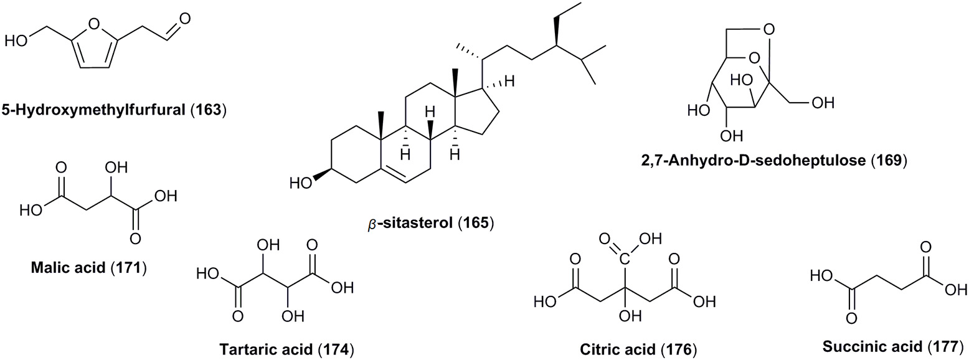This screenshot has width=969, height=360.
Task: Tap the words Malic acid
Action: [64, 269]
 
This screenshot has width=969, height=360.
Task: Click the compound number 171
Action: [130, 269]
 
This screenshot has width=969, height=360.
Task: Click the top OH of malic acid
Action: [120, 169]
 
